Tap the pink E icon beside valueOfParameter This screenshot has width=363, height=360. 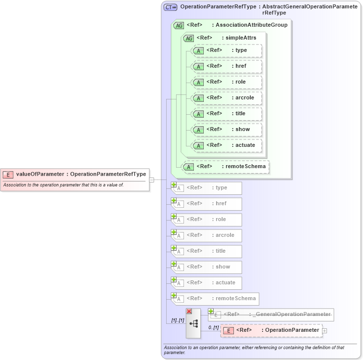[8, 174]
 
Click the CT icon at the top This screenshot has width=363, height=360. [171, 7]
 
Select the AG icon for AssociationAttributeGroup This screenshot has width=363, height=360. [179, 25]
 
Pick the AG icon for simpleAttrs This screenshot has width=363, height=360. [189, 38]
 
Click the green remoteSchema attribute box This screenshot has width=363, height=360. [226, 167]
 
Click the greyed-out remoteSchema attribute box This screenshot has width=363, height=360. [215, 299]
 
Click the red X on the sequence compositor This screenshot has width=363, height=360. [189, 311]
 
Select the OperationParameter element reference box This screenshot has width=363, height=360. [271, 330]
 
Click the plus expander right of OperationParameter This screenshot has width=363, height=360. [325, 330]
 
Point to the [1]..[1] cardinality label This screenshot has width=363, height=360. [177, 320]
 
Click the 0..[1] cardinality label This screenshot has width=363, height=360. [213, 327]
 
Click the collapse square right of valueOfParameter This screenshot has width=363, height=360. [152, 180]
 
